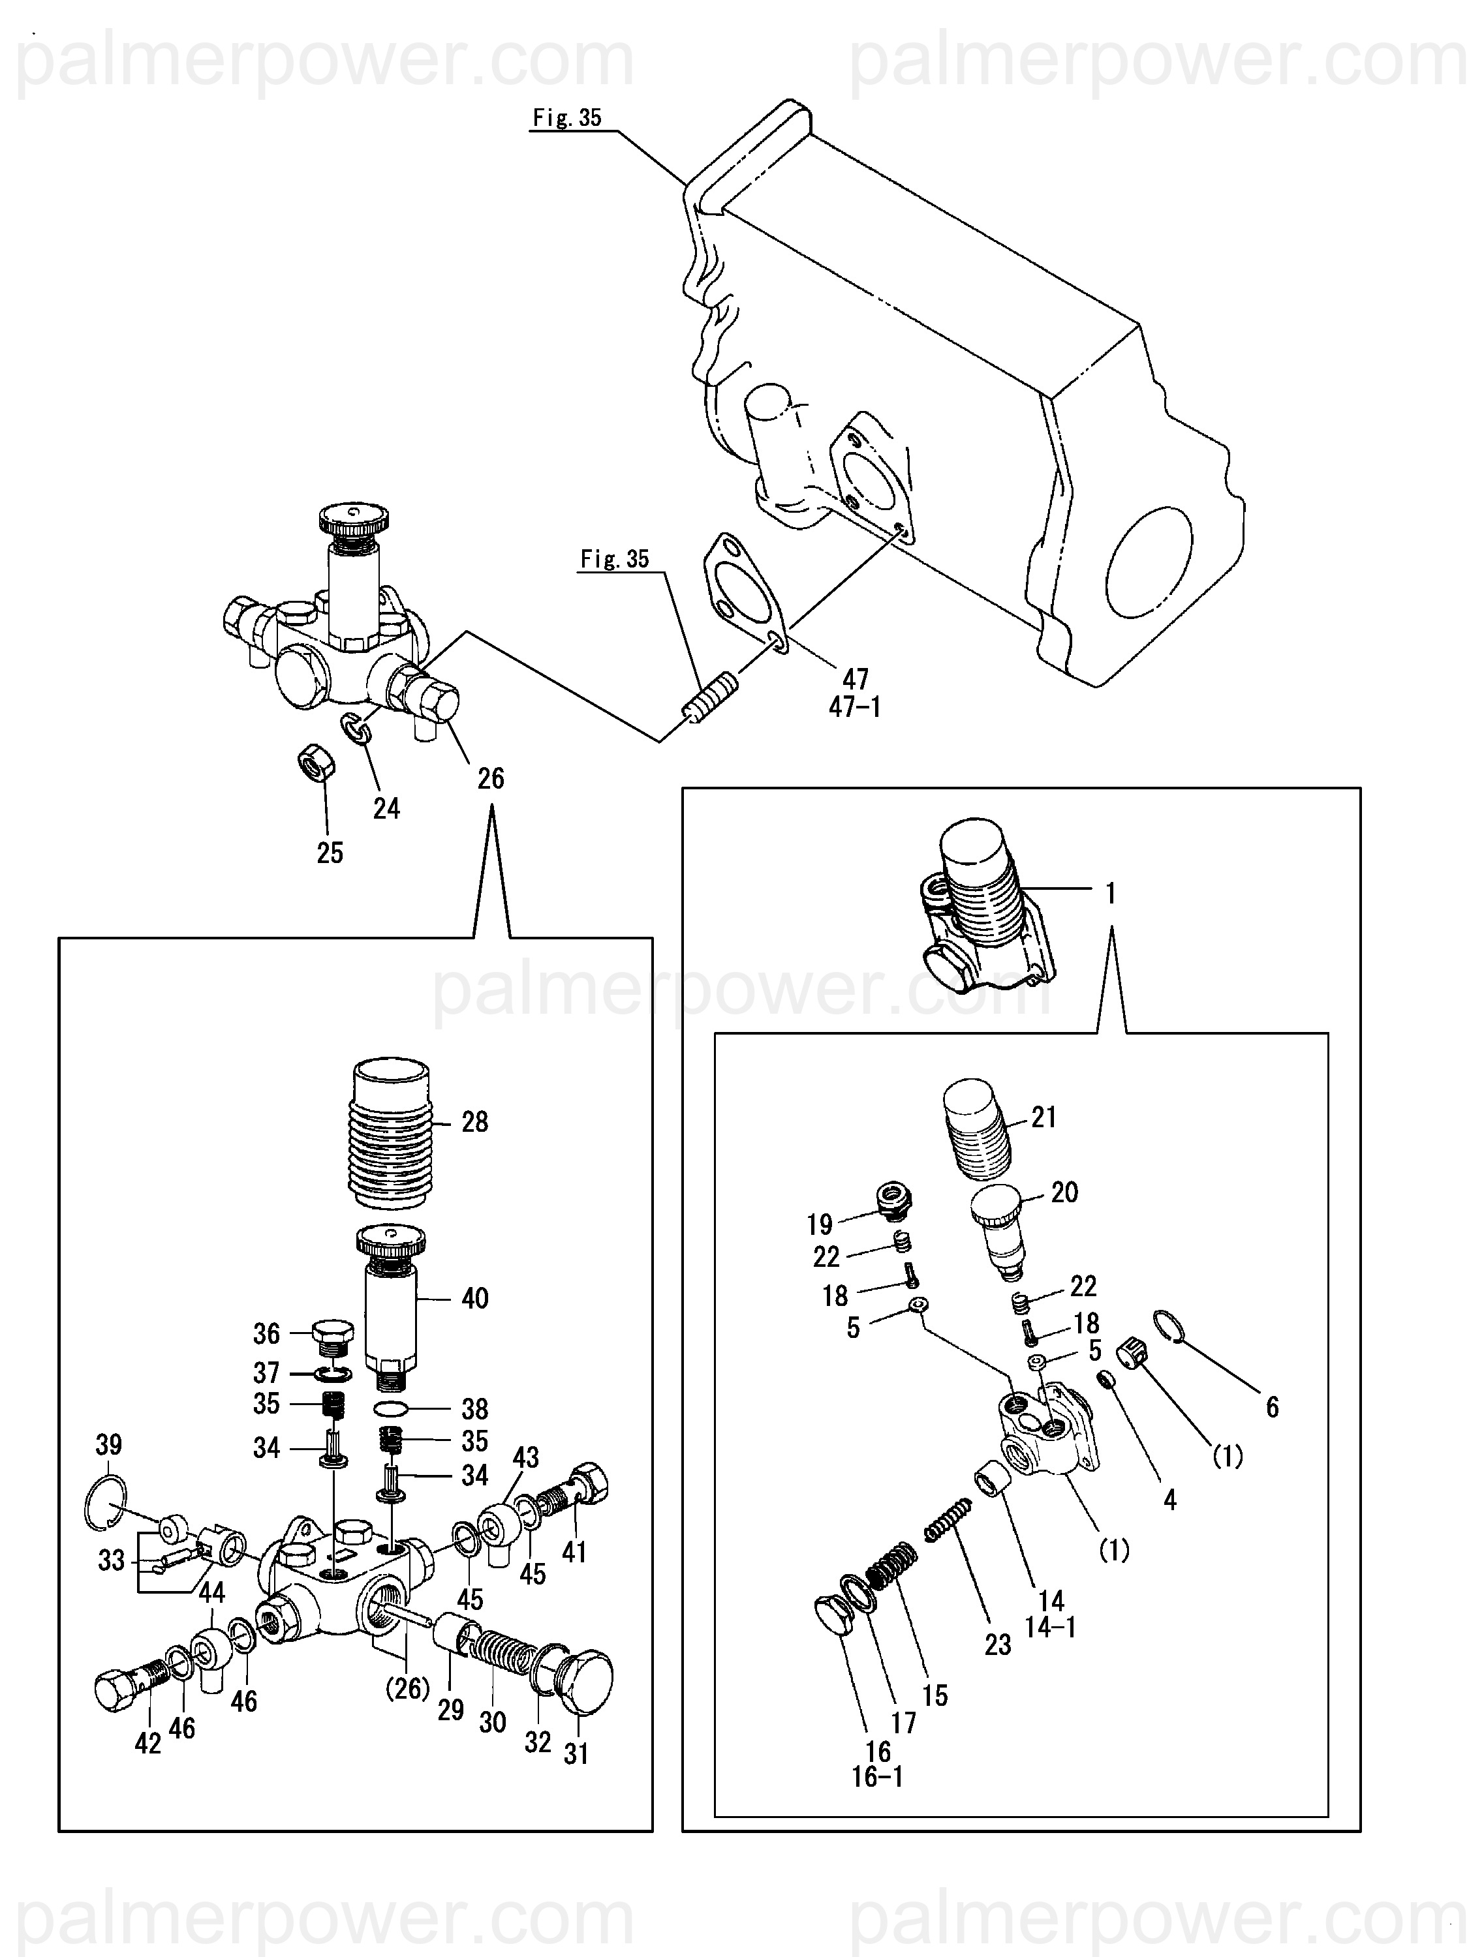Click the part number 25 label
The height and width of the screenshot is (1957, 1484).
pos(330,853)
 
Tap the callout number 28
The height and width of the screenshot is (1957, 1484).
pos(474,1122)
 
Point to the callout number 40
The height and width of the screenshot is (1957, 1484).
pos(474,1298)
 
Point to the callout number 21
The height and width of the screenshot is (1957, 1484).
pos(1044,1117)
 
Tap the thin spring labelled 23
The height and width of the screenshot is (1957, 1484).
pos(949,1520)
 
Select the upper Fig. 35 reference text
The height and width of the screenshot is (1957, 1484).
pos(566,117)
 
